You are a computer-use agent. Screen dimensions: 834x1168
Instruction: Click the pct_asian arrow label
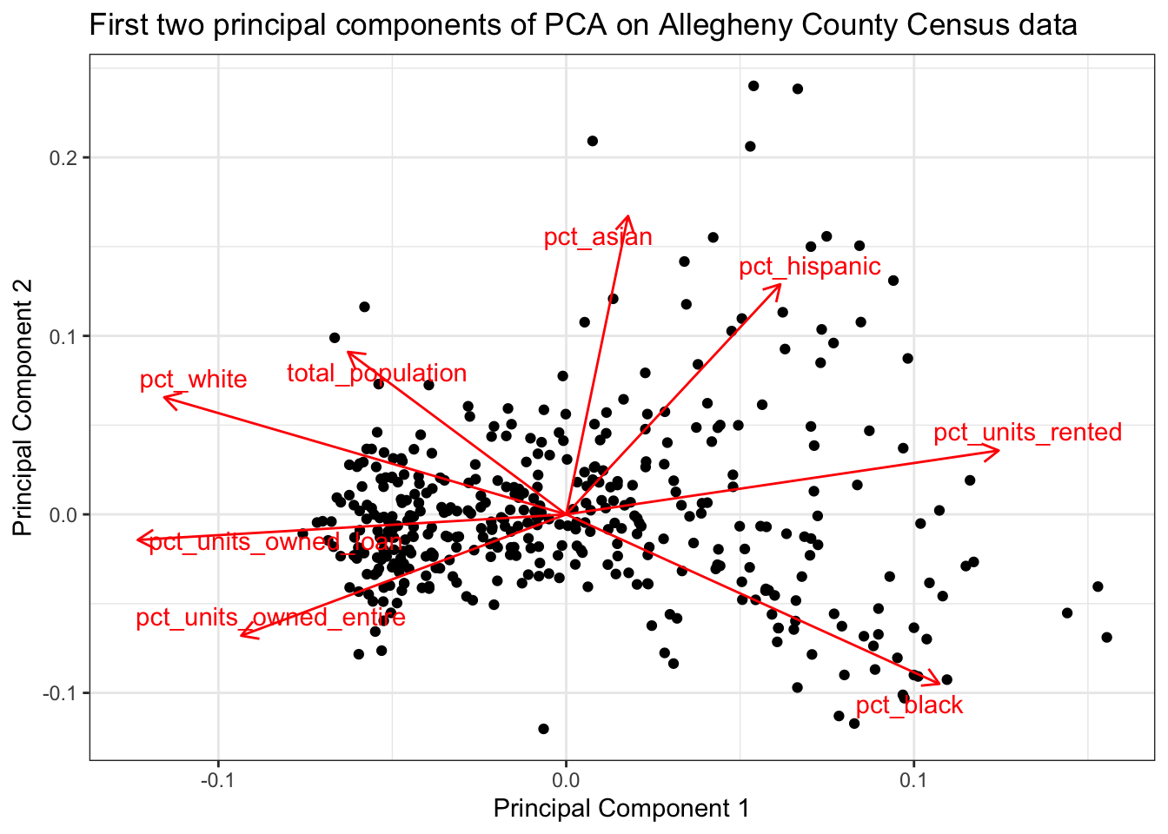pyautogui.click(x=597, y=237)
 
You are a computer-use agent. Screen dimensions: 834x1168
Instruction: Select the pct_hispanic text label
pyautogui.click(x=809, y=267)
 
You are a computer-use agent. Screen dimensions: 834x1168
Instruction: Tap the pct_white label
pyautogui.click(x=193, y=380)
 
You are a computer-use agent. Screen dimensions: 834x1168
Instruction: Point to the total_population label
pyautogui.click(x=376, y=374)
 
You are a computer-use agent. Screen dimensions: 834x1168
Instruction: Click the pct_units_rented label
pyautogui.click(x=1027, y=433)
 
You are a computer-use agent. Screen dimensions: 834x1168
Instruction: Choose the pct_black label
pyautogui.click(x=909, y=705)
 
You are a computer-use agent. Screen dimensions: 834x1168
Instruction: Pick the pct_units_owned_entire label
pyautogui.click(x=270, y=618)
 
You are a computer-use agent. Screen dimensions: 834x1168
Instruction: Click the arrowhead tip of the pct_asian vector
pyautogui.click(x=628, y=215)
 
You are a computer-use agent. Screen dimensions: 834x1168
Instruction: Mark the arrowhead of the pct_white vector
pyautogui.click(x=164, y=397)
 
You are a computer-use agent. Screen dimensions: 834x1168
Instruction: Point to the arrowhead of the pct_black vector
pyautogui.click(x=939, y=684)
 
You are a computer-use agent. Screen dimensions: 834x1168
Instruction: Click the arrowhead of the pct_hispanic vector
pyautogui.click(x=780, y=284)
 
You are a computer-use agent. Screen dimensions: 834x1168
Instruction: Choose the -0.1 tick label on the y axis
pyautogui.click(x=60, y=693)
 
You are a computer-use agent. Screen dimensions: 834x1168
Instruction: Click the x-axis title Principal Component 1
pyautogui.click(x=620, y=809)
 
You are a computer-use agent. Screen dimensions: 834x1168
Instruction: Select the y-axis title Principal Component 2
pyautogui.click(x=23, y=407)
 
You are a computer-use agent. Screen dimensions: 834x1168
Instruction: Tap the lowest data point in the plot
pyautogui.click(x=543, y=729)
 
